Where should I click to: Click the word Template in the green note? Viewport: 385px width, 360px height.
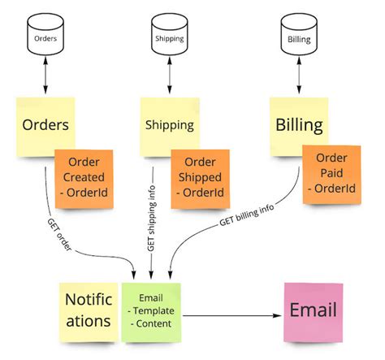[154, 310]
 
